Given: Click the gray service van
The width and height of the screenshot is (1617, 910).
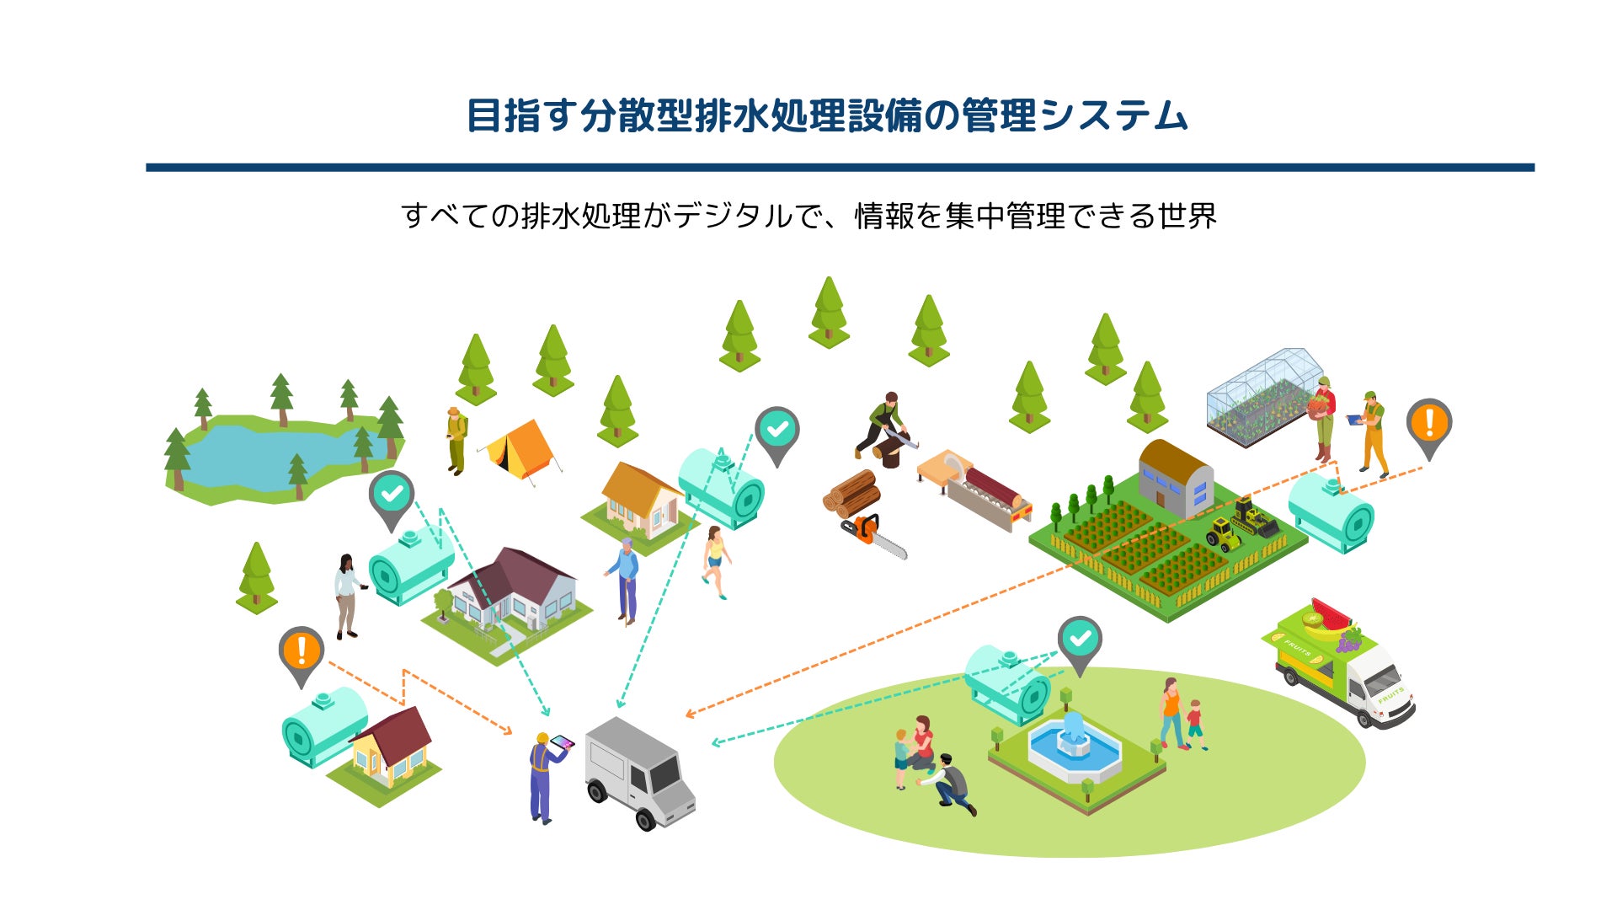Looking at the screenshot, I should tap(640, 771).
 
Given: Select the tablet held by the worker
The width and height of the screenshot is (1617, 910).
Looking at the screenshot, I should tap(561, 742).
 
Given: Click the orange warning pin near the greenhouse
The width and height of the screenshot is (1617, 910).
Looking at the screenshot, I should tap(1428, 425).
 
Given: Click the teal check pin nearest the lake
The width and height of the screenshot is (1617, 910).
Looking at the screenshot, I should tap(391, 496).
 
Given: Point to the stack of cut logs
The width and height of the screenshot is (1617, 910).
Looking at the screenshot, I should tap(851, 493).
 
